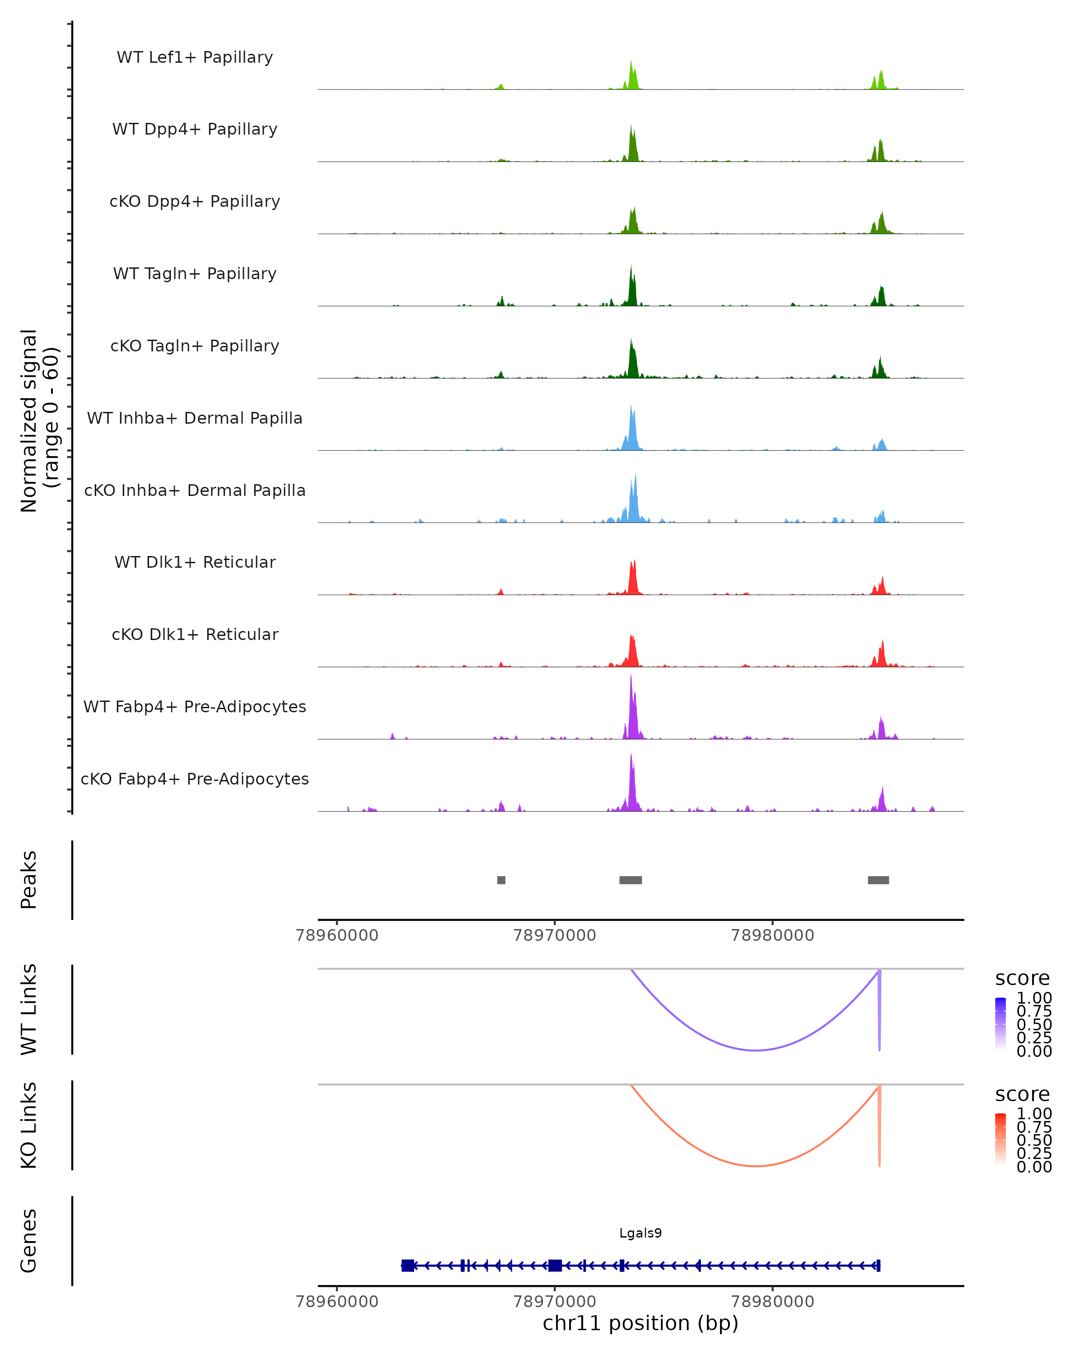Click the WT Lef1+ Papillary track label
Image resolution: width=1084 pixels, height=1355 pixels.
tap(195, 57)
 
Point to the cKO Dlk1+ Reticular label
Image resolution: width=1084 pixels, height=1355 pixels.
tap(195, 634)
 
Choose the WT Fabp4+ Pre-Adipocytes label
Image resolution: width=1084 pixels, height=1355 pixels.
tap(195, 706)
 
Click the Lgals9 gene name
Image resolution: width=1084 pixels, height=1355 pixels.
tap(640, 1233)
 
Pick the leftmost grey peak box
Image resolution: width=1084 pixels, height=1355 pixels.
tap(501, 880)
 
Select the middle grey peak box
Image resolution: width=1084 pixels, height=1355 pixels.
tap(630, 880)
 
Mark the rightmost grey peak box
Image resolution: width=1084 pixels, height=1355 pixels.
tap(878, 880)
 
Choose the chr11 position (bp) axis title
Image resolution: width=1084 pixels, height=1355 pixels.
tap(640, 1323)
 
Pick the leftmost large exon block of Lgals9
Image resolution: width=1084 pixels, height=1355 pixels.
tap(408, 1266)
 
